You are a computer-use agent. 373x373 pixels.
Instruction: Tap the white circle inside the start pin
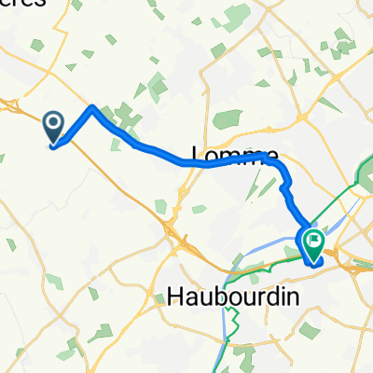[53, 122]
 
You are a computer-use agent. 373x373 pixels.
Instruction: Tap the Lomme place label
[234, 154]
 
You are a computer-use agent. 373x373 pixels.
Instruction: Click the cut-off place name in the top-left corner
[23, 4]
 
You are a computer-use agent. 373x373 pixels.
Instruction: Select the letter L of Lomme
[198, 154]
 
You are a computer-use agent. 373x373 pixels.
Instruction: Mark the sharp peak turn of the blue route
[92, 108]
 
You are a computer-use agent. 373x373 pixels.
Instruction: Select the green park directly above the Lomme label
[228, 119]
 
